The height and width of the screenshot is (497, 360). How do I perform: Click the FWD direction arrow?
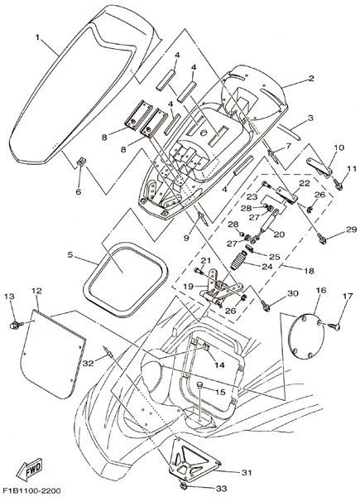30,469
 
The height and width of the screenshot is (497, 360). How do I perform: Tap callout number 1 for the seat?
38,37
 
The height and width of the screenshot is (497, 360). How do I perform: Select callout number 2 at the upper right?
311,78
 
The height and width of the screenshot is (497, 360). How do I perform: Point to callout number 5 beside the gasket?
70,254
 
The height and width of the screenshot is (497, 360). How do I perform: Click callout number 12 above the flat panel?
36,291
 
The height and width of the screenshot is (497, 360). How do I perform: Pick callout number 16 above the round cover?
321,291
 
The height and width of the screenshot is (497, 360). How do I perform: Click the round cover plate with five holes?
306,336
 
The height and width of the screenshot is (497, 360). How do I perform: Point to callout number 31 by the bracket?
246,473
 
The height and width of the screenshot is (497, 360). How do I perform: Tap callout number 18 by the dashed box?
309,270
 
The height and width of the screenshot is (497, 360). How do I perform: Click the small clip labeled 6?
81,162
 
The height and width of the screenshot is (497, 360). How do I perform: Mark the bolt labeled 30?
266,306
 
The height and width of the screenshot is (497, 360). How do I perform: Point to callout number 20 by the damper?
279,234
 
